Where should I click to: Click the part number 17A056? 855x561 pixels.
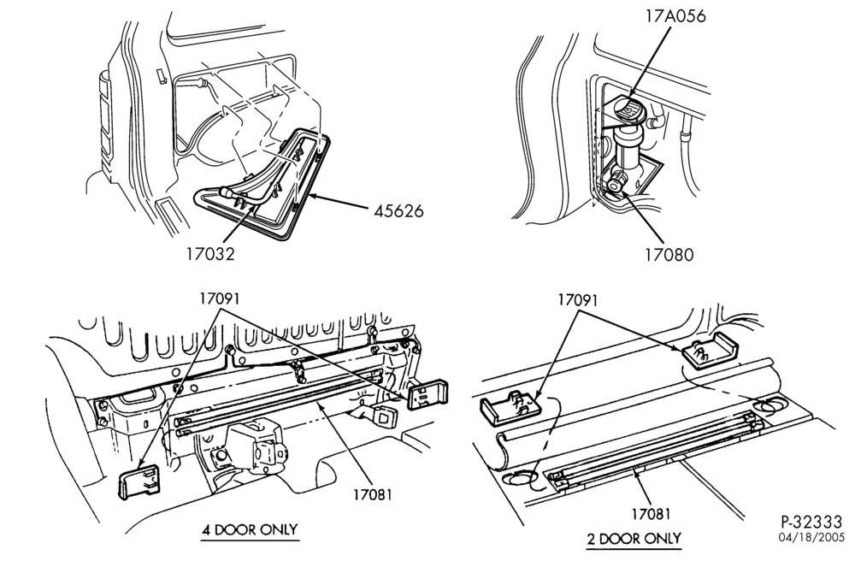pyautogui.click(x=675, y=15)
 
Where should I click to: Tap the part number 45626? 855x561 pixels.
pyautogui.click(x=398, y=211)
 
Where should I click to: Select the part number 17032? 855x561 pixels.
pyautogui.click(x=210, y=253)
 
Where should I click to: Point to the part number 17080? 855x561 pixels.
pyautogui.click(x=669, y=255)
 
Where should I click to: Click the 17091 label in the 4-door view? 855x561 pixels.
pyautogui.click(x=219, y=298)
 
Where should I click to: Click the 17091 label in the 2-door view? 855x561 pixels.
pyautogui.click(x=578, y=300)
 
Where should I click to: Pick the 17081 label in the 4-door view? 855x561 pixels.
pyautogui.click(x=373, y=494)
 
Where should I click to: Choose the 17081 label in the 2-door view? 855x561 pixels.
pyautogui.click(x=651, y=514)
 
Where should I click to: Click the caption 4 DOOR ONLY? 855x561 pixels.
pyautogui.click(x=250, y=529)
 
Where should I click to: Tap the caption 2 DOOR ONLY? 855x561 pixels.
pyautogui.click(x=634, y=539)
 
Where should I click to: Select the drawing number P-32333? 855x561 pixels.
pyautogui.click(x=811, y=522)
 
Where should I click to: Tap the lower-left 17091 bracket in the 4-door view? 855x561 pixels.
pyautogui.click(x=139, y=481)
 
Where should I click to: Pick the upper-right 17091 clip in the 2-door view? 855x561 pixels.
pyautogui.click(x=710, y=351)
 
